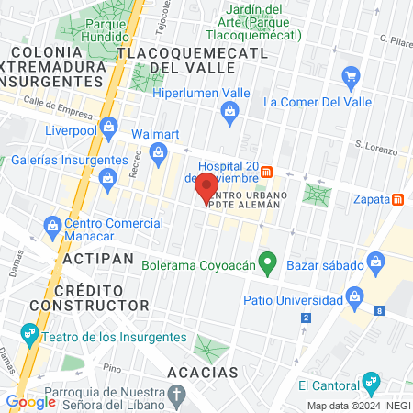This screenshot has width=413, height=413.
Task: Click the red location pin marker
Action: tap(206, 187)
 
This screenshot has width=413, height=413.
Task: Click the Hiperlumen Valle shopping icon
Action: tap(229, 113)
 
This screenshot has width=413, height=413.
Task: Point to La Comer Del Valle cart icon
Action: tap(350, 76)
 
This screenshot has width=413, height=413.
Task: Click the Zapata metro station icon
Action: tap(398, 198)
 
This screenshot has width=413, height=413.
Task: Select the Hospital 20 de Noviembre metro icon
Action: tap(266, 171)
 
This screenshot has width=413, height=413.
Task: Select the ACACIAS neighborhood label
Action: tap(203, 373)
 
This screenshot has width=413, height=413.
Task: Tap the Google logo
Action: tap(30, 401)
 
